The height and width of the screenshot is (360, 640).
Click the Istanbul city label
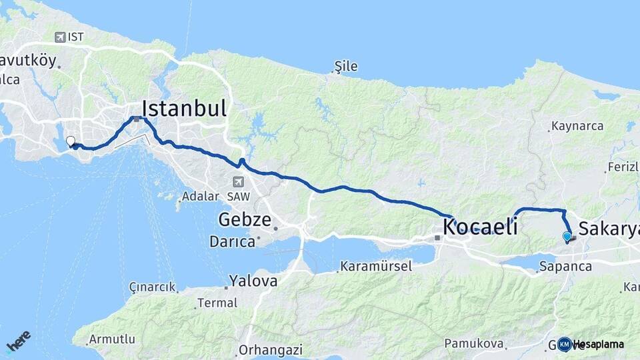[x=184, y=109]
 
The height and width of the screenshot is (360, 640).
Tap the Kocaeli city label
[x=480, y=227]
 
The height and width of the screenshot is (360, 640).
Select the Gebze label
[x=245, y=220]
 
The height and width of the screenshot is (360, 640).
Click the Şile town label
[x=347, y=67]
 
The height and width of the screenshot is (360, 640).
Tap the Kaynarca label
[x=578, y=125]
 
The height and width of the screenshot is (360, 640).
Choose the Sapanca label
[x=566, y=267]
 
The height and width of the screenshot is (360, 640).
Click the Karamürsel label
[x=376, y=267]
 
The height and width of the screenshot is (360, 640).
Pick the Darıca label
[x=232, y=241]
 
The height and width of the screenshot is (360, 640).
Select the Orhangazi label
[x=271, y=349]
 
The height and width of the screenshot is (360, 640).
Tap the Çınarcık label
[x=153, y=287]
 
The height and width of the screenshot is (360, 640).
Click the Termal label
[x=217, y=303]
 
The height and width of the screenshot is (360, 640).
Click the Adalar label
[x=200, y=197]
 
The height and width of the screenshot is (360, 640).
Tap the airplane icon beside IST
[x=61, y=37]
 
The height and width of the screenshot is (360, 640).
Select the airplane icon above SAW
[x=238, y=181]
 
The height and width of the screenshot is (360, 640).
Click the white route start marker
[x=71, y=141]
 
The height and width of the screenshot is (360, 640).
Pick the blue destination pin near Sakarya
[x=567, y=236]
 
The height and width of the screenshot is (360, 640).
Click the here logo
[x=18, y=341]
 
